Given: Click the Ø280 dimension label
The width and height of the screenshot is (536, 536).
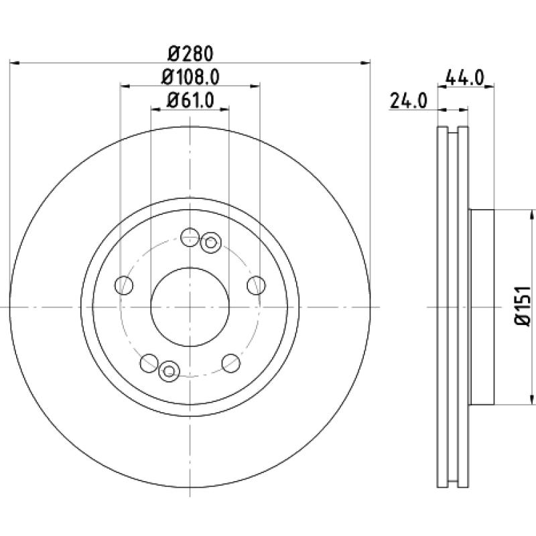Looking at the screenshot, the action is click(x=191, y=54).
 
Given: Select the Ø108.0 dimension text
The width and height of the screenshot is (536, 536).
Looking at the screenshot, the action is click(x=190, y=77).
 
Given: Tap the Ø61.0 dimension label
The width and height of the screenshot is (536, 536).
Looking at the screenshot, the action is click(x=190, y=100).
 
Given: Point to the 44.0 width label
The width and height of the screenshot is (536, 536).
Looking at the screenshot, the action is click(x=465, y=78).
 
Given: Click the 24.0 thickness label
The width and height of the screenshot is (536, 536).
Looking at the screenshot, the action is click(x=409, y=101).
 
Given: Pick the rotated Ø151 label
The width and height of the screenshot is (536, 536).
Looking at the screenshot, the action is click(x=523, y=306).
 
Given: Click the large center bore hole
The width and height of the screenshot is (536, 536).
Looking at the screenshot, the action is click(x=190, y=307).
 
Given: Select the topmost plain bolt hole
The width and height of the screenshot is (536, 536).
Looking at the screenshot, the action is click(x=190, y=237).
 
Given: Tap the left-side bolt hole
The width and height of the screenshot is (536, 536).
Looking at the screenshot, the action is click(x=124, y=285).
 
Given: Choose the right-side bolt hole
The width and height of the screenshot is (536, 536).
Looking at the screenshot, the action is click(x=256, y=285).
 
